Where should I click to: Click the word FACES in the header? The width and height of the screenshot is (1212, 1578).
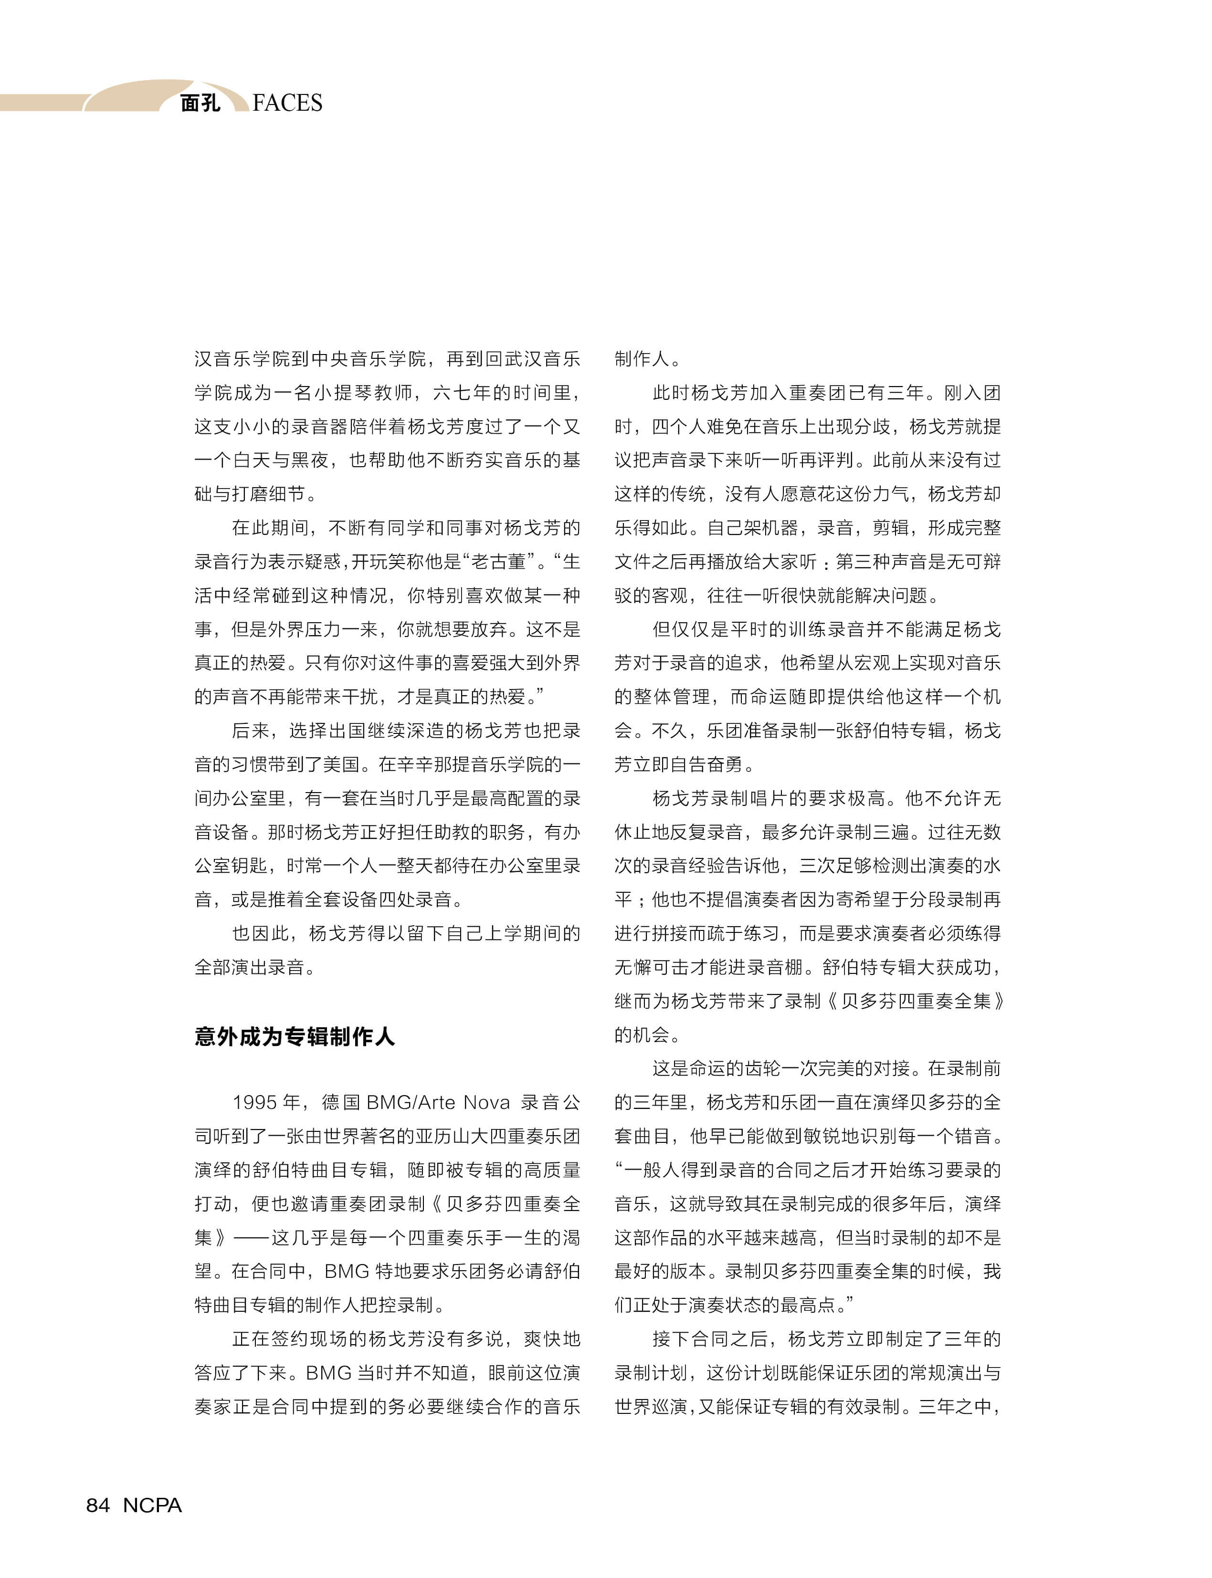coord(287,103)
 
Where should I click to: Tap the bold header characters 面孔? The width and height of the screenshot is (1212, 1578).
coord(200,103)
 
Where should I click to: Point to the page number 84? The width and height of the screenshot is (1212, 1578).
coord(98,1505)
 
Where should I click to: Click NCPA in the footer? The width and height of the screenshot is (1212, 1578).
coord(152,1505)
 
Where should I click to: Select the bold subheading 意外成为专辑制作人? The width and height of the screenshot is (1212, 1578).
coord(295,1036)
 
